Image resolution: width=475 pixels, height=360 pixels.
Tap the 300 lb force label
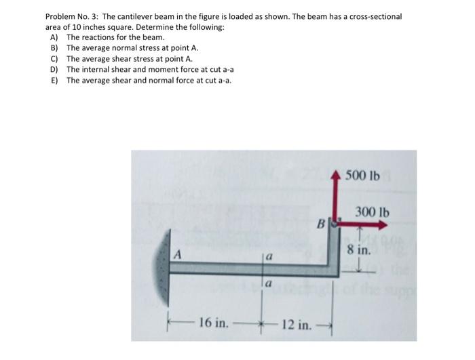[373, 212]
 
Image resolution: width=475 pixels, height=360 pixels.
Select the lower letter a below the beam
[269, 285]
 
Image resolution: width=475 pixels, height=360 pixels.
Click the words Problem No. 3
[71, 16]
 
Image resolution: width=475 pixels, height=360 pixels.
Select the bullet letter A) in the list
[54, 37]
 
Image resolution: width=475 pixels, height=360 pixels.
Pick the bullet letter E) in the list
[54, 81]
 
